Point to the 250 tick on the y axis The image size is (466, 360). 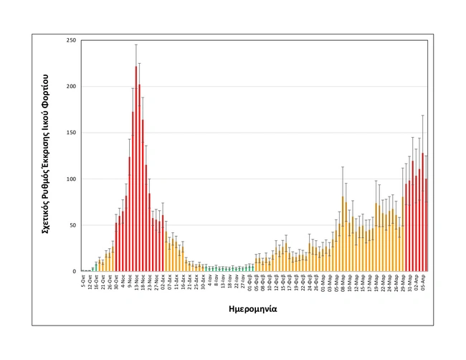click(x=71, y=40)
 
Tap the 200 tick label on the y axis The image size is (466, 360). click(x=71, y=87)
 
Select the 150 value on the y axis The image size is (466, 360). click(x=71, y=133)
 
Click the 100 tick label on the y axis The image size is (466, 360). click(x=71, y=179)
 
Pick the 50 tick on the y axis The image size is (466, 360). click(x=72, y=225)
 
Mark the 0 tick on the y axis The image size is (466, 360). click(x=74, y=272)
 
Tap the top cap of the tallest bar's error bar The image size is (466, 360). click(x=136, y=44)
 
